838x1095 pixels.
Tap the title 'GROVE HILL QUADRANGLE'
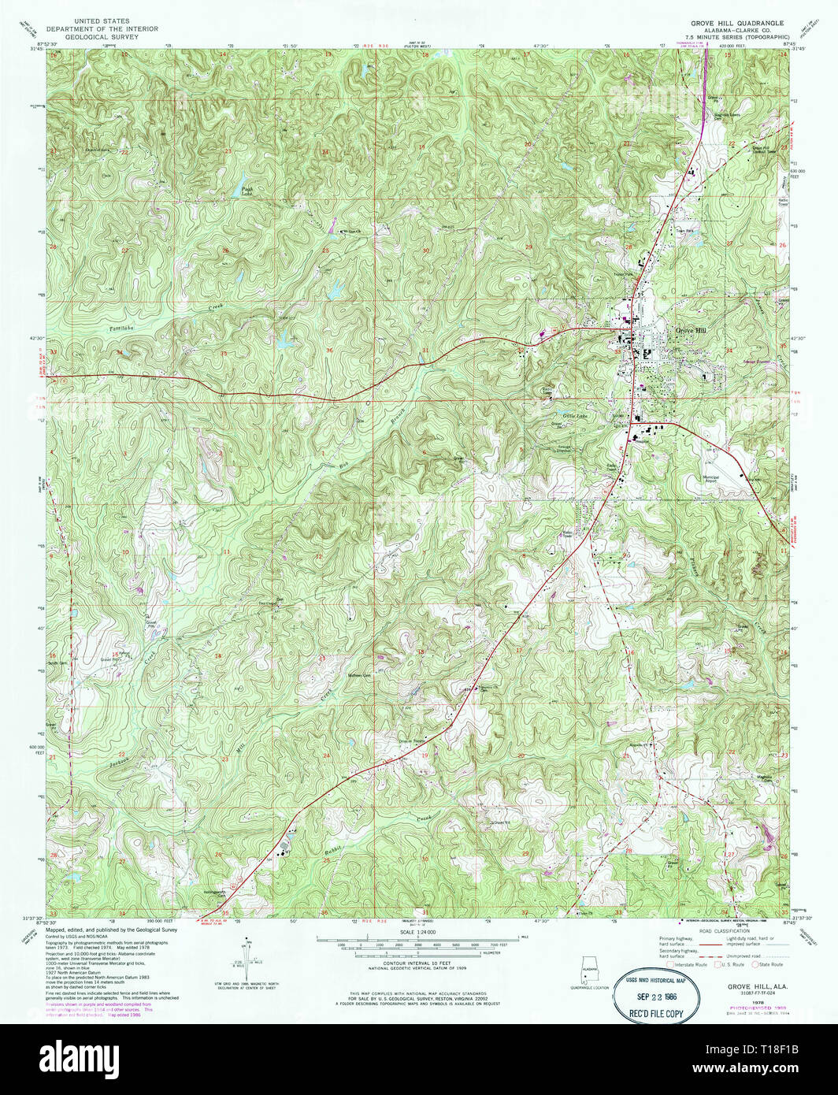725,24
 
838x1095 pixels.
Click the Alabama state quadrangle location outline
588,968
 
